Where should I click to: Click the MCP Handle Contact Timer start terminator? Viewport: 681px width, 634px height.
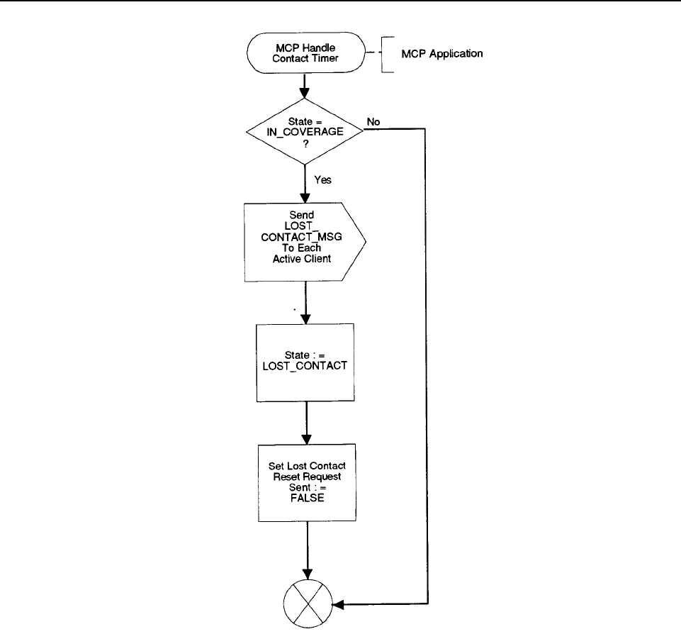click(305, 52)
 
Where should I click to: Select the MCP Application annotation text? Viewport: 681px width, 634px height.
click(441, 53)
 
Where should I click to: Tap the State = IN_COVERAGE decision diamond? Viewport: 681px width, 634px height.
click(305, 131)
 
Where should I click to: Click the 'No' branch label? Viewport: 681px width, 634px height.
click(373, 122)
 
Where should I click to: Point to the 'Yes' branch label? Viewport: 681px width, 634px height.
click(322, 179)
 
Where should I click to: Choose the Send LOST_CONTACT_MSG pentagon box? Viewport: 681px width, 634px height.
click(305, 242)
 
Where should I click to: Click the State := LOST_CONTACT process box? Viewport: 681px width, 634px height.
click(305, 362)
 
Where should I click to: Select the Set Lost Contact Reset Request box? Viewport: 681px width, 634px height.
click(307, 482)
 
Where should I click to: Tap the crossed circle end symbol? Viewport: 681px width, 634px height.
click(308, 604)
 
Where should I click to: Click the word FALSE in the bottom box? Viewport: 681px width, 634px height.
click(307, 498)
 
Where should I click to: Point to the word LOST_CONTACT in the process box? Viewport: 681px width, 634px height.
click(305, 366)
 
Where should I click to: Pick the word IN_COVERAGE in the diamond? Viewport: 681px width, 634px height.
click(305, 132)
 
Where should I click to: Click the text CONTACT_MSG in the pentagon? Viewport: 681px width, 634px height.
click(301, 237)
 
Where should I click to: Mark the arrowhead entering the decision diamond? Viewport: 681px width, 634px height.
click(305, 93)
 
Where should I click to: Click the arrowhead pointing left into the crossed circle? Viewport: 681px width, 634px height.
click(338, 604)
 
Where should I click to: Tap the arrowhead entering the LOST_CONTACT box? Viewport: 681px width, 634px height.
click(305, 318)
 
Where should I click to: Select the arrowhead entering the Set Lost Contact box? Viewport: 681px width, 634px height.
click(307, 439)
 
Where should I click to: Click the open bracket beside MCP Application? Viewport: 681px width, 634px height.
click(384, 55)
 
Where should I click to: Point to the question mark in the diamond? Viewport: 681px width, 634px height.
click(305, 144)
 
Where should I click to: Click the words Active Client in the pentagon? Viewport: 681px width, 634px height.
click(301, 259)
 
